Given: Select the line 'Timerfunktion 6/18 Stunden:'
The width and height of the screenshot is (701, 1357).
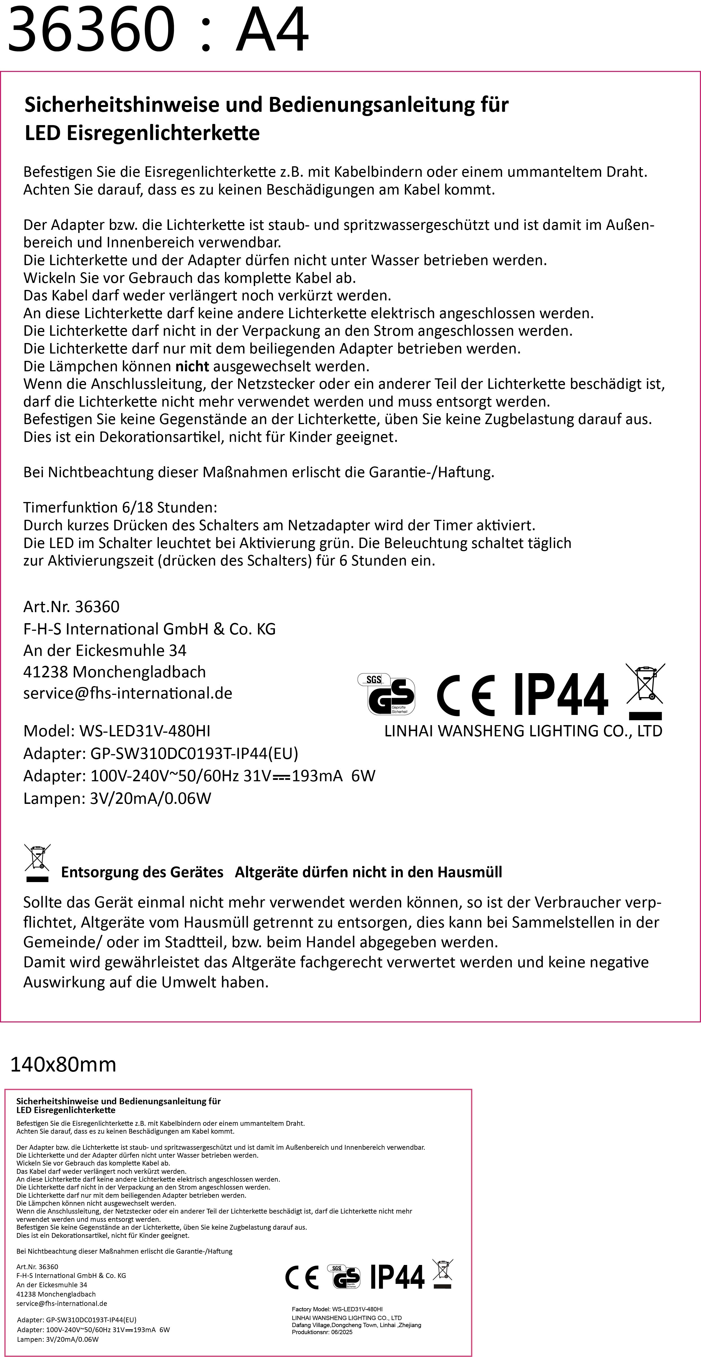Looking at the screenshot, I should pyautogui.click(x=120, y=507).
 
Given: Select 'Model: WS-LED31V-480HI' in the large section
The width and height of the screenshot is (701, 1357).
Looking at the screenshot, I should pyautogui.click(x=117, y=731).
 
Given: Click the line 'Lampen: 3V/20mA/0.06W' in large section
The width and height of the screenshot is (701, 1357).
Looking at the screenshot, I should pyautogui.click(x=117, y=798).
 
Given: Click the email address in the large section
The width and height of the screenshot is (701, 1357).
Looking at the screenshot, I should pyautogui.click(x=128, y=693).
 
